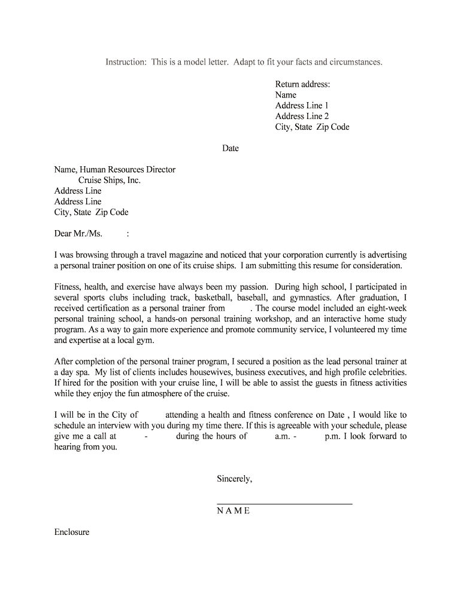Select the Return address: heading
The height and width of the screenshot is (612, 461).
coord(302,84)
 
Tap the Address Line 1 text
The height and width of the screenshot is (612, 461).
coord(302,106)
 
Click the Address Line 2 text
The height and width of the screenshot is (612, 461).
coord(302,117)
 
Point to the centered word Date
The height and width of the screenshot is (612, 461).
coord(230,148)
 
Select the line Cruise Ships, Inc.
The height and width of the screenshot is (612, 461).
coord(110,180)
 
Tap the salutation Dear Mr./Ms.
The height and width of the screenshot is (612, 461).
coord(78,234)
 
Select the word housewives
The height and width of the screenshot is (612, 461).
coord(260,372)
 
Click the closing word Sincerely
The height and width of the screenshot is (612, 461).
coord(234,479)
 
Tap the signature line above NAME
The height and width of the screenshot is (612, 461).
coord(284,504)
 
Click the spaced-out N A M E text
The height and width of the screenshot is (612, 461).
coord(233,511)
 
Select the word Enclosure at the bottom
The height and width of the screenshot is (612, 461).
coord(72,532)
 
